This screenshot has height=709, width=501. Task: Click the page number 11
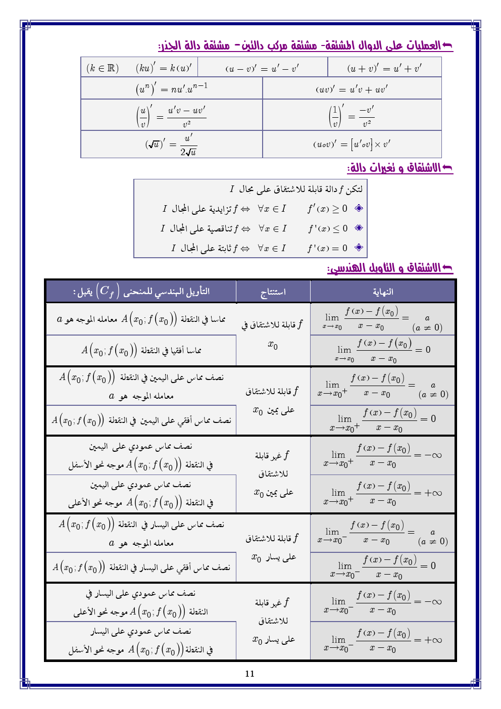click(249, 674)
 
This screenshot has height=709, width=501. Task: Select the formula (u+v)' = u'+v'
click(384, 68)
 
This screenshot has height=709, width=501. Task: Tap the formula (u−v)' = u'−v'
click(262, 68)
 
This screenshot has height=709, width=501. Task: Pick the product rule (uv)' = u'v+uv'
click(352, 89)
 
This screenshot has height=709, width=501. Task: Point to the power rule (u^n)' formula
click(171, 88)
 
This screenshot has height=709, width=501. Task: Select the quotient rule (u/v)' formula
click(171, 115)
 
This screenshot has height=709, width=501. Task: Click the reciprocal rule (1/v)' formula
click(352, 115)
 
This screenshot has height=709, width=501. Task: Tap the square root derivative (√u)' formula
click(171, 145)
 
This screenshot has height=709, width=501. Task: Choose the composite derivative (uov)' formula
click(352, 144)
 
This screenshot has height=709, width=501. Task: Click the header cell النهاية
click(383, 292)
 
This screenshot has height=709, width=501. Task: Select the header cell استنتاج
click(273, 292)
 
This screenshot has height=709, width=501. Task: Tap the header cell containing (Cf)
click(141, 291)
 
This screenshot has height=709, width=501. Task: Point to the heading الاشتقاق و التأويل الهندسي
click(390, 268)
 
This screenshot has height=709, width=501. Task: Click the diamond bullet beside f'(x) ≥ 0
click(359, 208)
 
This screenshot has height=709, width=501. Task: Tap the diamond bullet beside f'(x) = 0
click(359, 248)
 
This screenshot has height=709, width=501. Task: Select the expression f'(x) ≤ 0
click(328, 228)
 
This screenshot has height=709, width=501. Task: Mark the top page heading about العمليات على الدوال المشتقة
click(306, 46)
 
